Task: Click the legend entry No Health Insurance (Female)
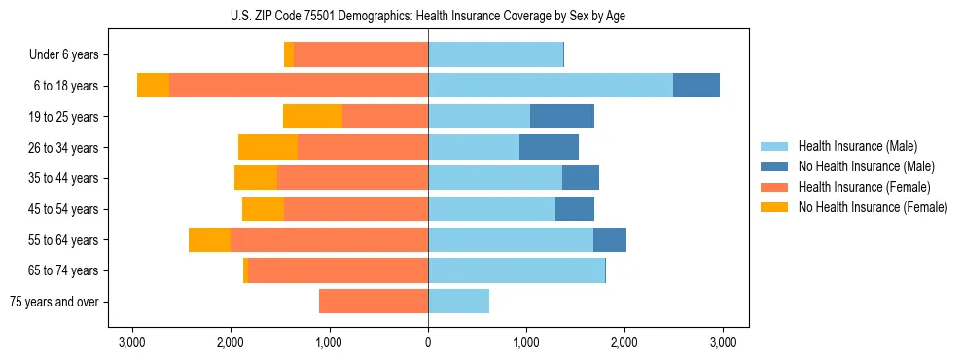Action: click(x=873, y=207)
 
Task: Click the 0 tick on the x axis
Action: click(x=428, y=342)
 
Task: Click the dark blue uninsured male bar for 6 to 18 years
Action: click(x=696, y=86)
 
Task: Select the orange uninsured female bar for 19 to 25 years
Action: click(x=312, y=117)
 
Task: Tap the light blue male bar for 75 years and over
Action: click(x=458, y=302)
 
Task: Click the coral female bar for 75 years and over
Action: click(x=374, y=302)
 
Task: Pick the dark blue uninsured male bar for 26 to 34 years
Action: click(x=549, y=148)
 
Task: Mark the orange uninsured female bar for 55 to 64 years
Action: click(x=209, y=240)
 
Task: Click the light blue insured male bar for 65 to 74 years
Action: click(x=516, y=270)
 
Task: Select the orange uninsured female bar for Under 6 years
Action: click(x=289, y=55)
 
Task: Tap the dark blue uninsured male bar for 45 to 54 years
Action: click(x=575, y=209)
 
